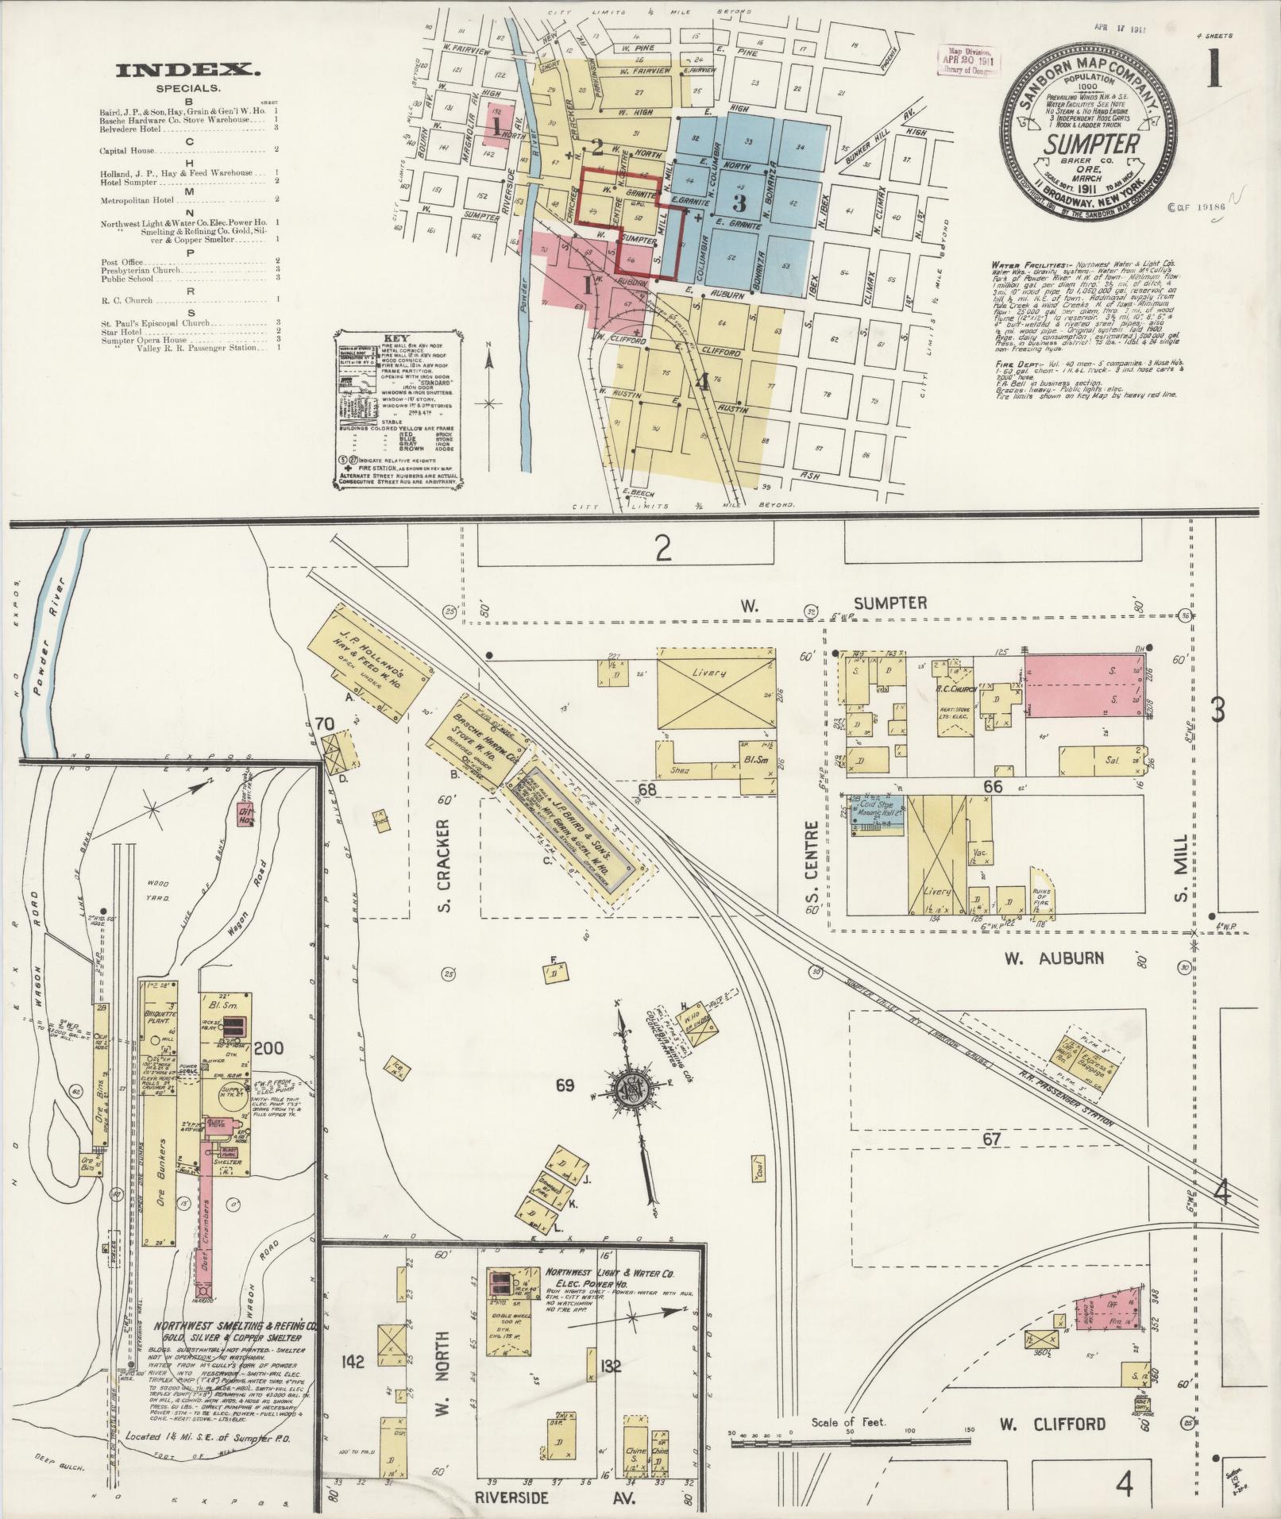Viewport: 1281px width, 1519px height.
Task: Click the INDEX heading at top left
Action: click(187, 71)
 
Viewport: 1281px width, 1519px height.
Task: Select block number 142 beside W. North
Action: click(353, 1363)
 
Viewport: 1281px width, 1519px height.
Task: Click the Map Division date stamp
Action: click(970, 60)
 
